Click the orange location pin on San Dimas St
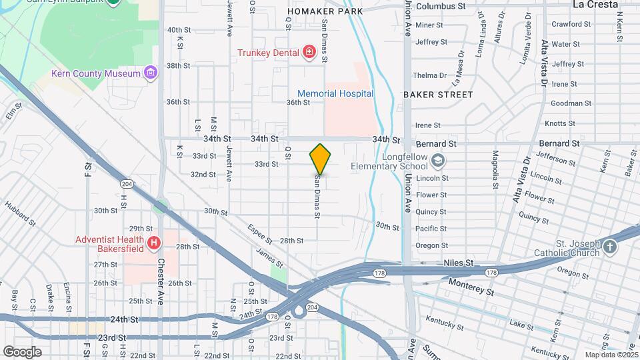coord(321,159)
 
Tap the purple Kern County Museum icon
coord(151,73)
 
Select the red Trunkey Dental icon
coord(309,52)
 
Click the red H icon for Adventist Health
coord(155,243)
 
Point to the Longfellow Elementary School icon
coord(438,160)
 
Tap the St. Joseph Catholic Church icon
coord(610,249)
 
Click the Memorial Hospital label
coord(335,93)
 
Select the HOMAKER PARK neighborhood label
coord(325,11)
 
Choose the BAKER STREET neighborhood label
coord(438,95)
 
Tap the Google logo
coord(22,352)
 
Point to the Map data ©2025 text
coord(611,355)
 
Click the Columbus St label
coord(440,6)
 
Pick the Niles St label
coord(458,263)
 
